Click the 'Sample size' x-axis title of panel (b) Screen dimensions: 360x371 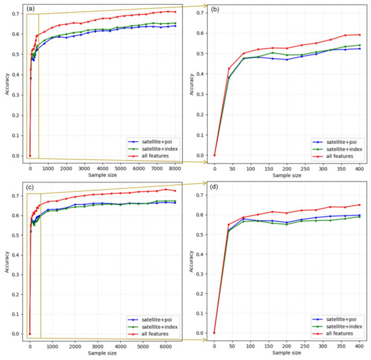point(287,176)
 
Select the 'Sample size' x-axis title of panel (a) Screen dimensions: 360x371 point(101,176)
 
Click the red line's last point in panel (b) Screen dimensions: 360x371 point(360,34)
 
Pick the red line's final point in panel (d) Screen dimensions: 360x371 point(360,205)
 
